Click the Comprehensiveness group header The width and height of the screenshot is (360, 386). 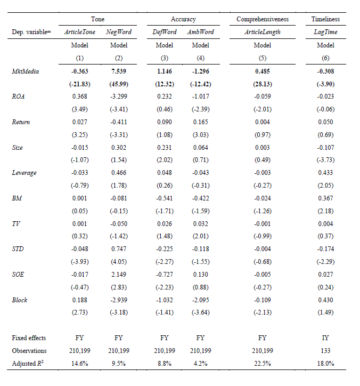(x=263, y=19)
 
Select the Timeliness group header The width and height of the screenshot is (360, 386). (x=325, y=19)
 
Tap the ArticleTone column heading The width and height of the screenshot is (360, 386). (x=80, y=32)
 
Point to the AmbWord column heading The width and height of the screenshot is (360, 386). (x=200, y=32)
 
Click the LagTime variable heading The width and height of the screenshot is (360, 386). (x=325, y=32)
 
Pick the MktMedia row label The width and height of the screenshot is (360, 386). (x=26, y=71)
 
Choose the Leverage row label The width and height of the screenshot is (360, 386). (x=24, y=173)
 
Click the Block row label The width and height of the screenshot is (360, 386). (x=19, y=300)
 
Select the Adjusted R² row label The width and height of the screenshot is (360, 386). (x=28, y=363)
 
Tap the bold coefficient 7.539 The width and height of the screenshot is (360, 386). (x=119, y=71)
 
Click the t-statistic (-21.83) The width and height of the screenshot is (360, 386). (x=80, y=84)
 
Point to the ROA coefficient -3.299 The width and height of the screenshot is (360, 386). (x=119, y=96)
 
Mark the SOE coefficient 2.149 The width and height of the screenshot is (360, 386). (x=119, y=274)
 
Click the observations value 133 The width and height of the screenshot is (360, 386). (x=325, y=351)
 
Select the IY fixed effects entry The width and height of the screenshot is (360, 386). (x=325, y=338)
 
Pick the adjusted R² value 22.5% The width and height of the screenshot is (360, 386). (x=263, y=364)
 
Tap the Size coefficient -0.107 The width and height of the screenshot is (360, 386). (x=325, y=148)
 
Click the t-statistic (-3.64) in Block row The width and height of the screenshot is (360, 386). (x=200, y=312)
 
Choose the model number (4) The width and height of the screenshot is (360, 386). (x=200, y=58)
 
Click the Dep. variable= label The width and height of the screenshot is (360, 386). (x=31, y=32)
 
